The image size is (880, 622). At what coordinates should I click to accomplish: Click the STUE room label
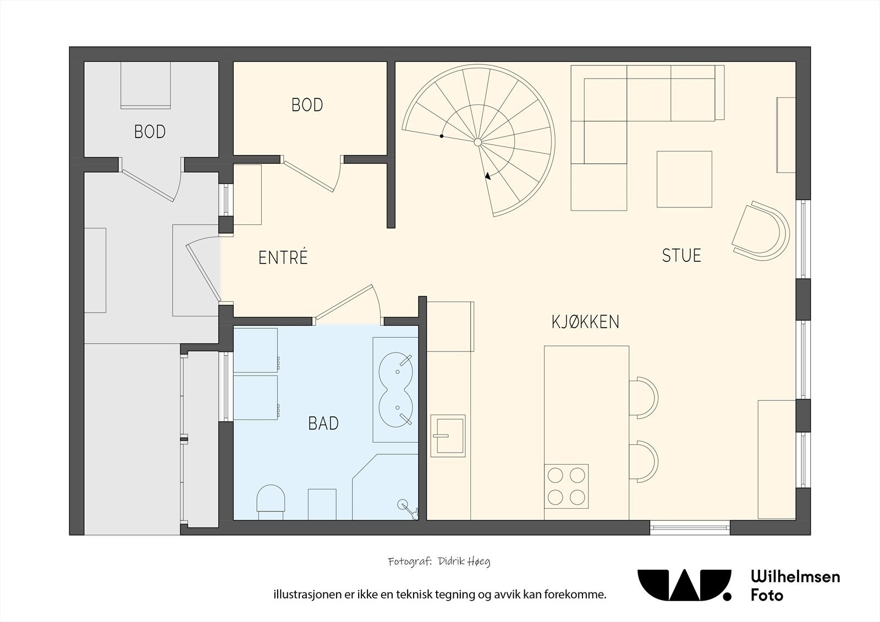(681, 256)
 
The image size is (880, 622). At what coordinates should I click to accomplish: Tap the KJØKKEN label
(585, 322)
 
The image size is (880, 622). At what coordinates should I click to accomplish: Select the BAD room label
(323, 423)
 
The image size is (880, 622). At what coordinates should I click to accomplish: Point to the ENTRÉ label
(283, 257)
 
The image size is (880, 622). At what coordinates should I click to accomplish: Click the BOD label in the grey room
(150, 132)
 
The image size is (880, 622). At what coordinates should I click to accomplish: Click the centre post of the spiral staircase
(478, 142)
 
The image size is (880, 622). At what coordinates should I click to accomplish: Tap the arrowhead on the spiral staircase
(488, 176)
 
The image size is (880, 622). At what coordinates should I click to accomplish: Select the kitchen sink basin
(448, 436)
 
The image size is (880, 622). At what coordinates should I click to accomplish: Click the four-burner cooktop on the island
(566, 487)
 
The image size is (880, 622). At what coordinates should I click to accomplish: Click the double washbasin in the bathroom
(395, 389)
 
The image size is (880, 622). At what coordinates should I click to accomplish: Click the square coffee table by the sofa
(684, 179)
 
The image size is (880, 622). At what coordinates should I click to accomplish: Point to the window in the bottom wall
(690, 528)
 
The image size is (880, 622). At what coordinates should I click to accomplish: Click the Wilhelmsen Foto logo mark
(684, 585)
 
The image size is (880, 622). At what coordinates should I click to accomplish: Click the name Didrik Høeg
(465, 562)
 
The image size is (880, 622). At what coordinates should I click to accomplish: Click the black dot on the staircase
(442, 136)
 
